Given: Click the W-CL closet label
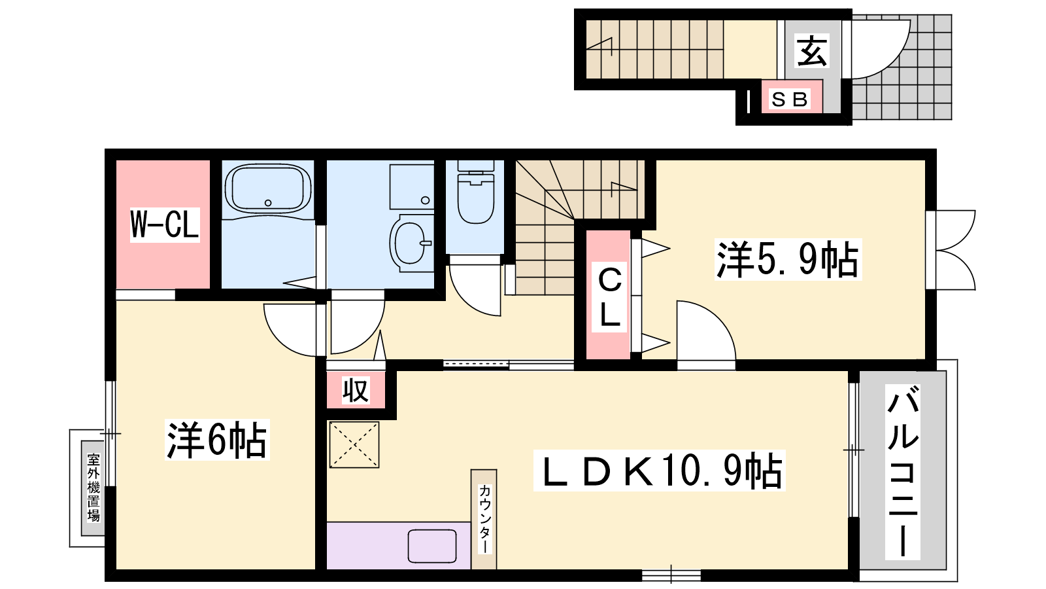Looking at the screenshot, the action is pos(164,225).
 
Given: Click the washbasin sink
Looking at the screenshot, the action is pos(411,243).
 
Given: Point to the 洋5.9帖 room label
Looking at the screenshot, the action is pos(788,259).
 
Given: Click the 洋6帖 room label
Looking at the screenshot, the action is pos(217,440).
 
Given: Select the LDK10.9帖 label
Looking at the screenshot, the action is pos(660,471).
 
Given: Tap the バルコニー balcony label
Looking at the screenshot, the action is pos(903,472).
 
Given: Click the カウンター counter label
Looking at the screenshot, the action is pos(484,519).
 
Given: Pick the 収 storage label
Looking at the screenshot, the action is pos(356,390).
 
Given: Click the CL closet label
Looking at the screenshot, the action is pos(609,297).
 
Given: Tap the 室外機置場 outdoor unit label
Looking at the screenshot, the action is pos(93,488).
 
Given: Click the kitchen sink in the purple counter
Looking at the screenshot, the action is pos(432,546).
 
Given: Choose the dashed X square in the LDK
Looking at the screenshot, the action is pos(354,444).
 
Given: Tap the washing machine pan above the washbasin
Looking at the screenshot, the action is pos(412,187).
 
